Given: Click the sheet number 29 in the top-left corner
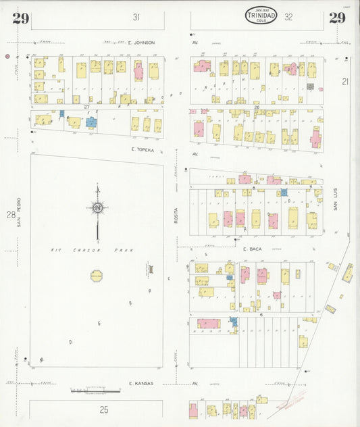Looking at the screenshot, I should coord(20,18).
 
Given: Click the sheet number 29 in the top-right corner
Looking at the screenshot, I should coord(338,18).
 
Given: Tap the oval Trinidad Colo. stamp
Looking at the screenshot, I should coord(261,16).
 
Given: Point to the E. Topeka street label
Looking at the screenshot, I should coord(143,149).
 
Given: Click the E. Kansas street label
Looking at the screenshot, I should coord(140,383).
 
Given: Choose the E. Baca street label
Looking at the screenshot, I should coord(252,249).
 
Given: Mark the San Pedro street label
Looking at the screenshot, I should coord(20,212).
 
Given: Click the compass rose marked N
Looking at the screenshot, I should coord(98,208).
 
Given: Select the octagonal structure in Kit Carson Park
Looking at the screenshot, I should coord(96,275).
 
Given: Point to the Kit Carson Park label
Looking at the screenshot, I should coord(93,250).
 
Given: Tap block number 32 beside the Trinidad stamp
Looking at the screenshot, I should coord(289,17).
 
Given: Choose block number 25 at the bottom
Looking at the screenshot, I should coord(104,409).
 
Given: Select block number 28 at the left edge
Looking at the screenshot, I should coord(11,215).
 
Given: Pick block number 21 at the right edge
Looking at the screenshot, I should coord(345,82).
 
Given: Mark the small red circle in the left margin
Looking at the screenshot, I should coord(7,57).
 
